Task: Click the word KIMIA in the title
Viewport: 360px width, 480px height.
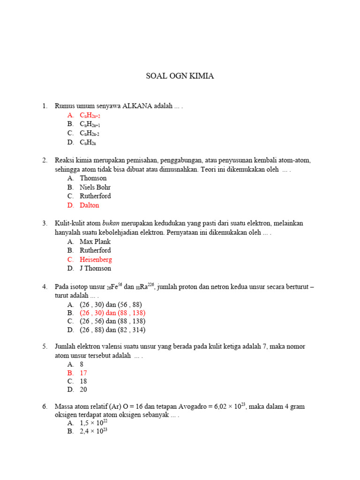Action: [x=201, y=76]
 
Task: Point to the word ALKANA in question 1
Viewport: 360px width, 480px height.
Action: [x=141, y=106]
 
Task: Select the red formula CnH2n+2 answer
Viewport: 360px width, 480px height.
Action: [x=90, y=115]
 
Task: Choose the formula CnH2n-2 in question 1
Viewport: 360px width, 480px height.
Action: [x=90, y=133]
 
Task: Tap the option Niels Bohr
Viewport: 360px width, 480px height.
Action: [x=95, y=187]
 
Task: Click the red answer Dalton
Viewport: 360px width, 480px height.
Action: [x=90, y=205]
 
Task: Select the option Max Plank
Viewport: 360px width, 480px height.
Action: [x=95, y=241]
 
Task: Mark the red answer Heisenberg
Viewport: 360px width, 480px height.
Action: [x=96, y=259]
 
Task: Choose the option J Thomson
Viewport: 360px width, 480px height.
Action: [x=95, y=268]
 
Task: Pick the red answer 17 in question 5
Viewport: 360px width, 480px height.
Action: [x=83, y=373]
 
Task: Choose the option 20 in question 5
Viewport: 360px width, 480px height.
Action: [x=83, y=390]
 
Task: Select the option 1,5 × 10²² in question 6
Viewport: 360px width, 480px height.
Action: [x=94, y=423]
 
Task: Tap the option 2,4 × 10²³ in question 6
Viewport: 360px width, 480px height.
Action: [x=94, y=431]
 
